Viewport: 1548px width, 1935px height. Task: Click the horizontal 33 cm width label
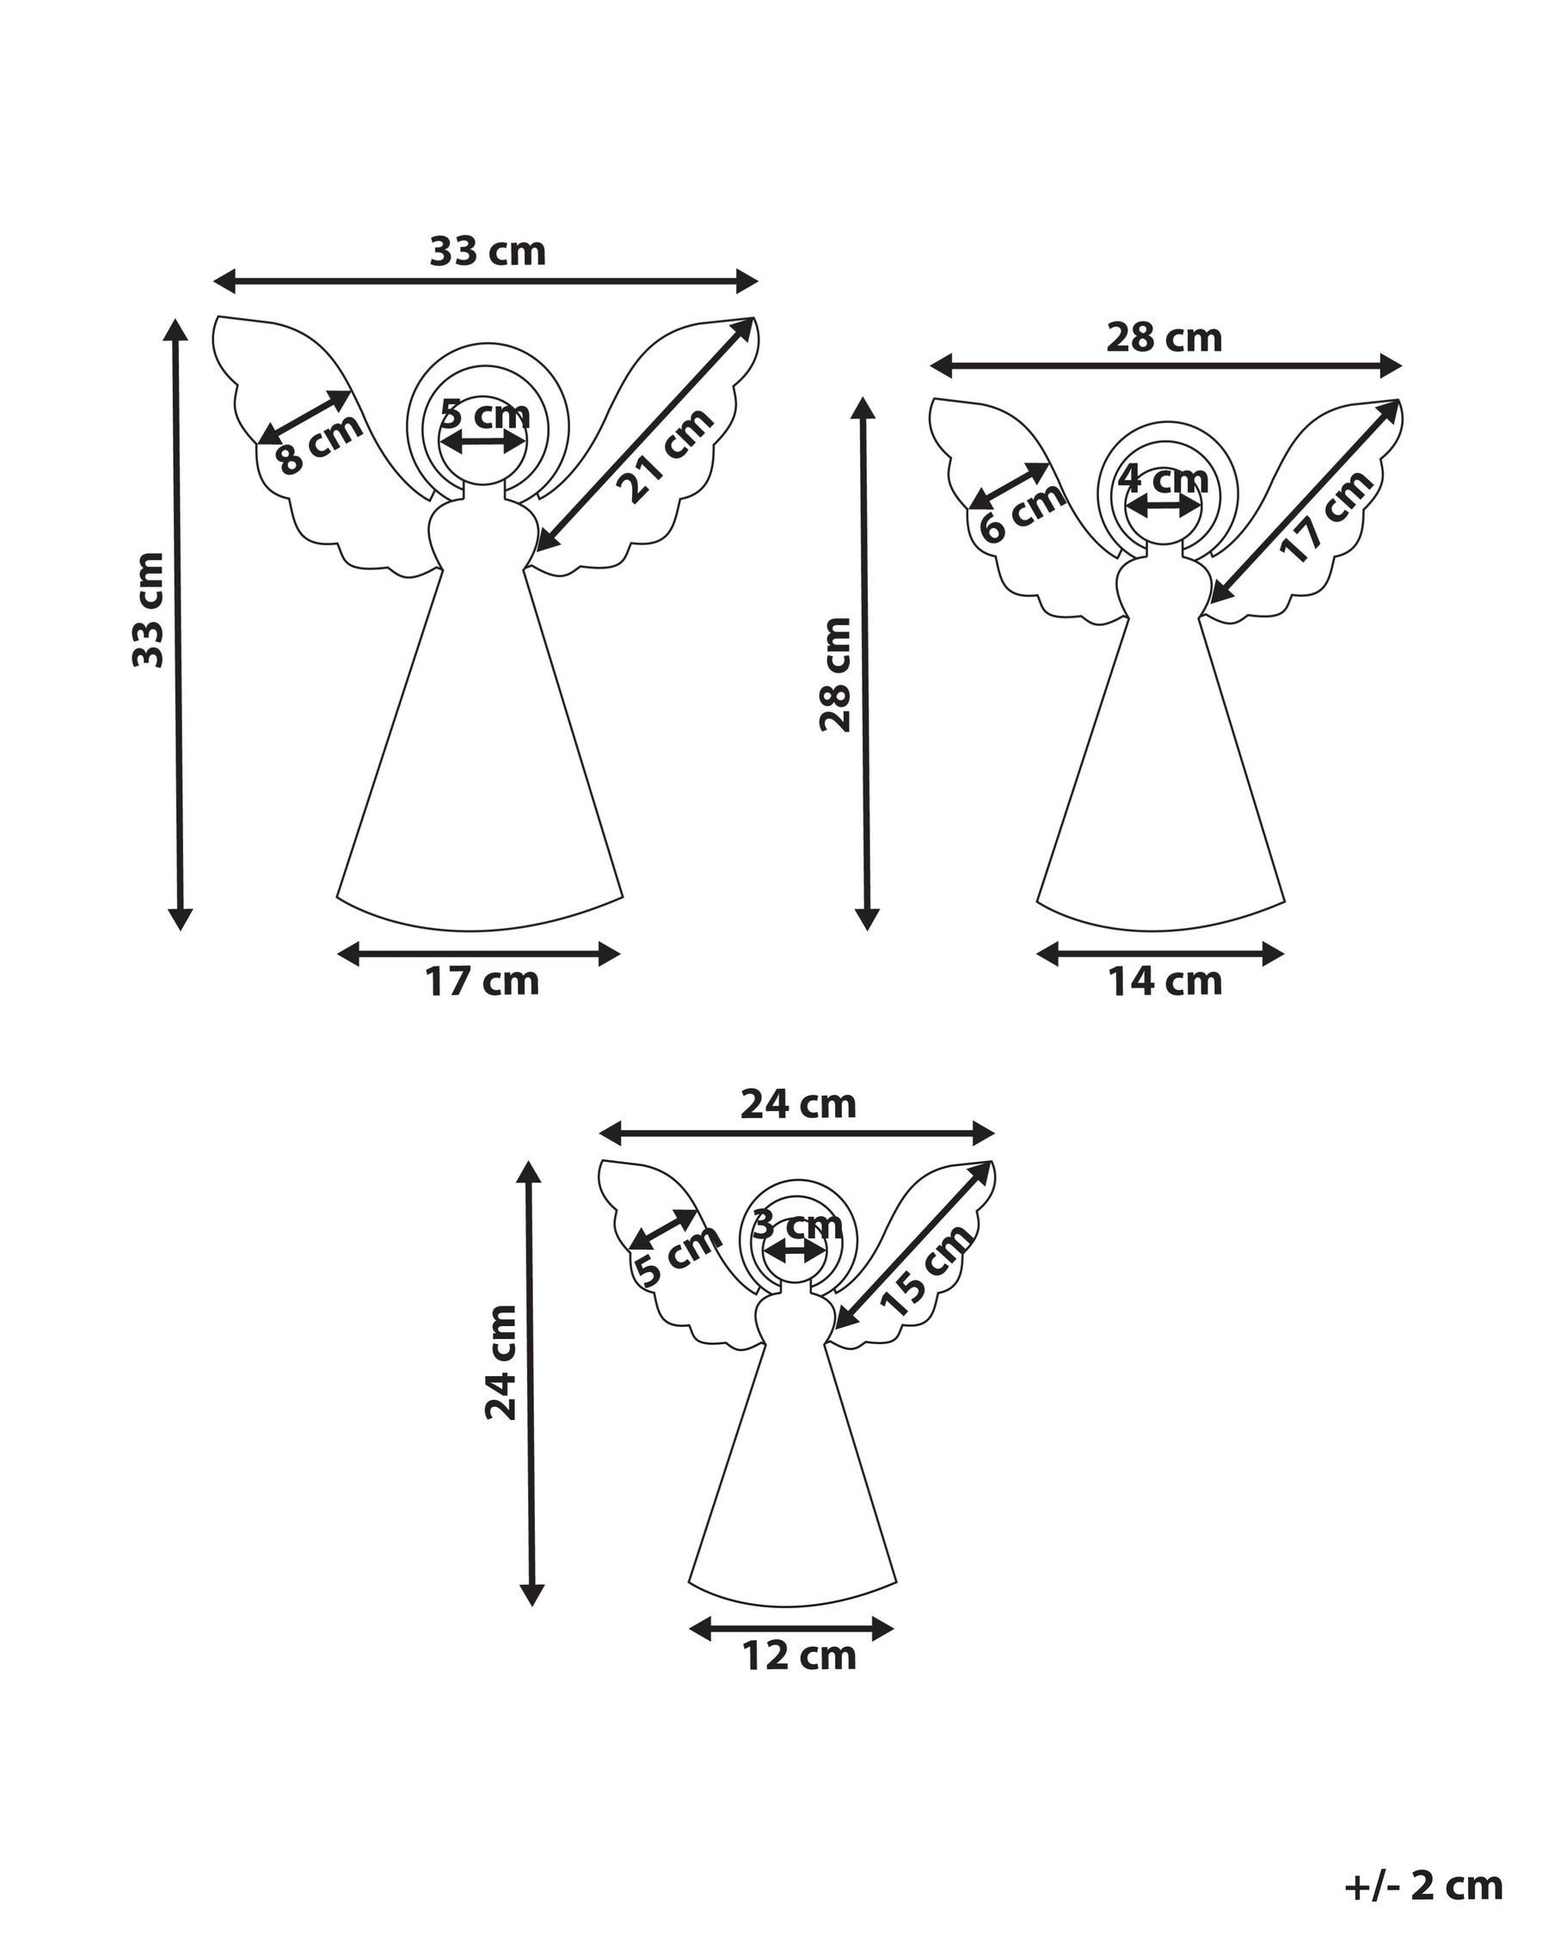click(488, 252)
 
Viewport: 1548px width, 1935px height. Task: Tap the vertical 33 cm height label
click(149, 611)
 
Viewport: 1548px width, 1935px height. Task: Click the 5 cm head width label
click(486, 415)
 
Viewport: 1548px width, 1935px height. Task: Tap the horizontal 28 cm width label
click(1164, 338)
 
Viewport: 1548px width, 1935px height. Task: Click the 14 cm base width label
click(1164, 982)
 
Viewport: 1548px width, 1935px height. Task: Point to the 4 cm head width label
click(1163, 479)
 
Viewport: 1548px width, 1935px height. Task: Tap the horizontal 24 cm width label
click(799, 1104)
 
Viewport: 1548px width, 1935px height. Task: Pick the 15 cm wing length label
click(927, 1271)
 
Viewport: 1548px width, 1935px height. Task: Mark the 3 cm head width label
click(797, 1223)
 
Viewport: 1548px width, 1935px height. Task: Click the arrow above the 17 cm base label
click(479, 955)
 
